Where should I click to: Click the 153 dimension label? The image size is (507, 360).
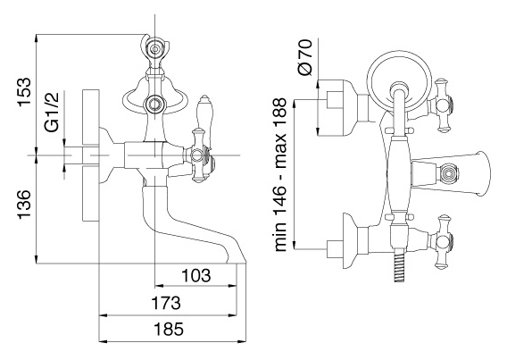[24, 92]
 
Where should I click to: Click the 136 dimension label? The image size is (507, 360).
[24, 205]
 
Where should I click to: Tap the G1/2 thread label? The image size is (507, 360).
[52, 113]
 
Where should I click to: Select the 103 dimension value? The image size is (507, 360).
[195, 275]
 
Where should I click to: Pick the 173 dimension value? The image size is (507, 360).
[166, 303]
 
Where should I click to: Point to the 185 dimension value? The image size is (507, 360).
[168, 330]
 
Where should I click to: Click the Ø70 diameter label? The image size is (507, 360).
[305, 57]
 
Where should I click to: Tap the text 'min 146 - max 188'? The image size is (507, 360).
[280, 175]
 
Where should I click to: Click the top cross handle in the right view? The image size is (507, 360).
[442, 105]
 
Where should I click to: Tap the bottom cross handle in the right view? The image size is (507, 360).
[442, 241]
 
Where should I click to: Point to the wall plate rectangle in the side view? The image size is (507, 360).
[91, 155]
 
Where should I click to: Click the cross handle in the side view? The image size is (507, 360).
[198, 155]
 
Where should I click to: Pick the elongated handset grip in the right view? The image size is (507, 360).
[400, 175]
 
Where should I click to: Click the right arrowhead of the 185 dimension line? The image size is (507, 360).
[242, 341]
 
